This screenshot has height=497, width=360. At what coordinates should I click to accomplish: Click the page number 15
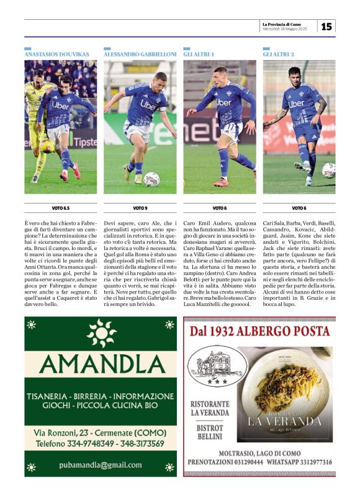(x=326, y=26)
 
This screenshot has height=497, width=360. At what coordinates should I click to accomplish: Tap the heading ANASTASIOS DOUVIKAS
(x=56, y=55)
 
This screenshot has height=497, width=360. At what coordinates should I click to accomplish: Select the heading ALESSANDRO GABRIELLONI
(x=140, y=55)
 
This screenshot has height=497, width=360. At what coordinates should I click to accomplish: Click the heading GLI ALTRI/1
(x=199, y=55)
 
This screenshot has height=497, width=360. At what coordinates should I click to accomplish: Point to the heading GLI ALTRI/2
(x=279, y=55)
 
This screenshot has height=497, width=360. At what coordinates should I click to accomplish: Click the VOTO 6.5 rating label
(x=61, y=208)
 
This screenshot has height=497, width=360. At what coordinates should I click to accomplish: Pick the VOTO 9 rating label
(x=140, y=208)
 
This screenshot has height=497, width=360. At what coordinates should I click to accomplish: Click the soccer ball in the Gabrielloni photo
(x=151, y=179)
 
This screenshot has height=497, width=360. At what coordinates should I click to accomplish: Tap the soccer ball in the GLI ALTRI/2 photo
(x=328, y=170)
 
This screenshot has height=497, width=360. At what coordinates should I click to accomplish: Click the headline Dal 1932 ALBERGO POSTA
(x=259, y=331)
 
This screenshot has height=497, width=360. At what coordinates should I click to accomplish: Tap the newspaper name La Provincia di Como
(x=289, y=24)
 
